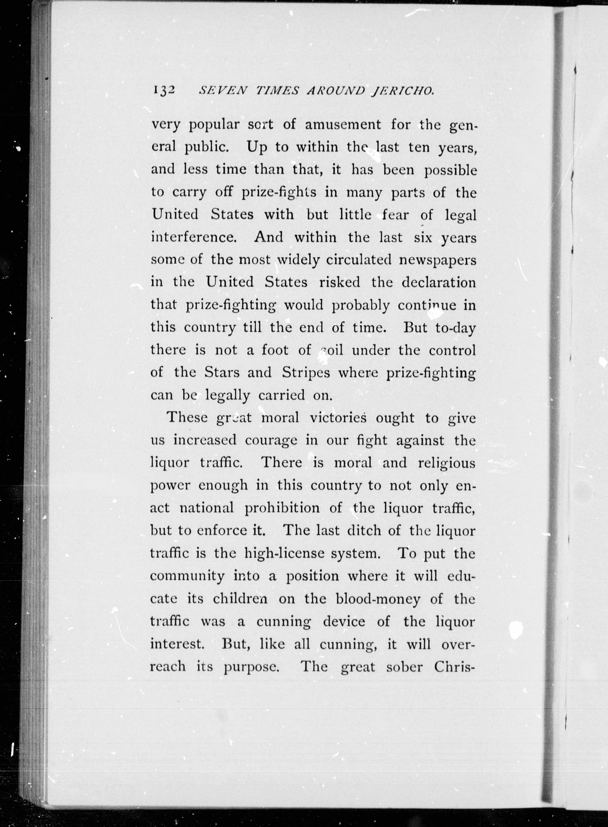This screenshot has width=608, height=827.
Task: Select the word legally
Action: click(227, 396)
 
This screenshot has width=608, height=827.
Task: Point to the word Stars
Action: click(221, 372)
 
